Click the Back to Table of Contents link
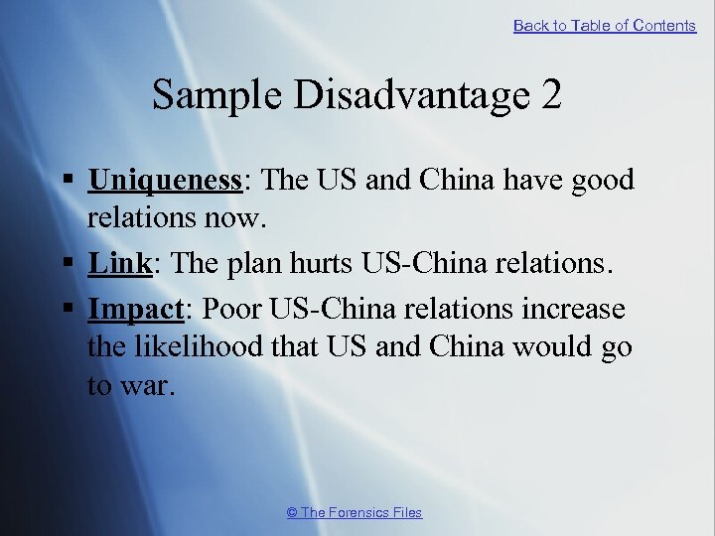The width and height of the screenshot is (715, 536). (x=604, y=26)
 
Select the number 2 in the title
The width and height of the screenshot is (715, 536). (x=552, y=95)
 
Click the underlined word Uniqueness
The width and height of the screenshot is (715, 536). (x=165, y=180)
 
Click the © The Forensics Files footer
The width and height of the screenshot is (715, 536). (x=354, y=512)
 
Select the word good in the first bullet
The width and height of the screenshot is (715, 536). (x=599, y=180)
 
